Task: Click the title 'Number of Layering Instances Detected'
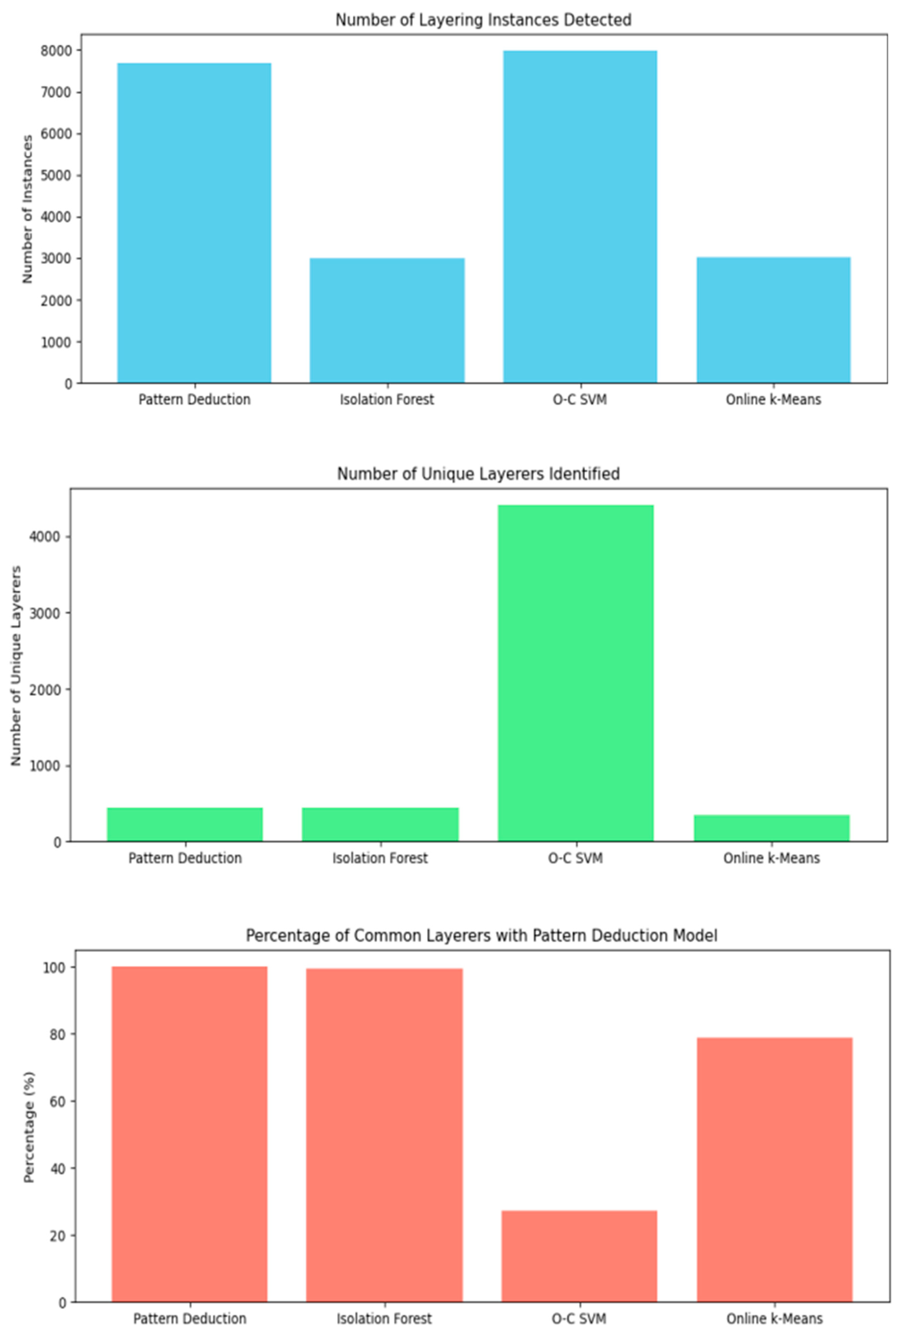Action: coord(483,20)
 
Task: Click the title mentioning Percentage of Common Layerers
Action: coord(481,936)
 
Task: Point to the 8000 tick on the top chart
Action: coord(56,51)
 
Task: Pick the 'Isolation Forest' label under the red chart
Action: coord(384,1318)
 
